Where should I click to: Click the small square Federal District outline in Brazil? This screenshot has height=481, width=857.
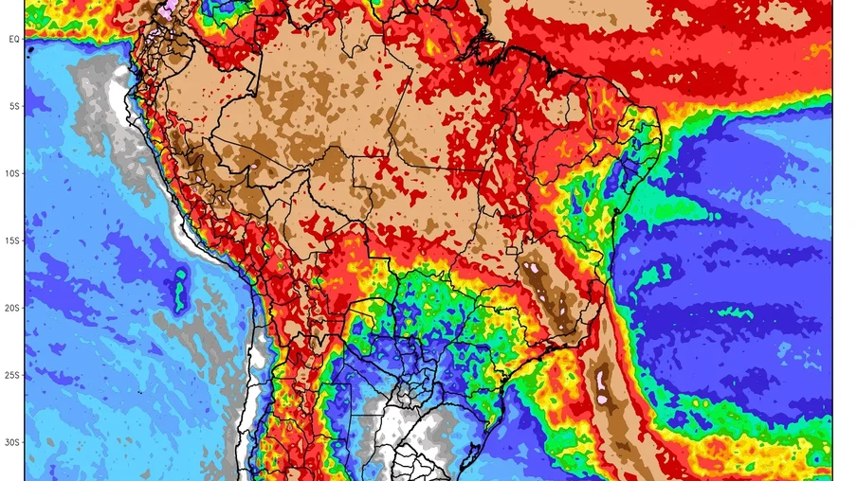(x=513, y=252)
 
